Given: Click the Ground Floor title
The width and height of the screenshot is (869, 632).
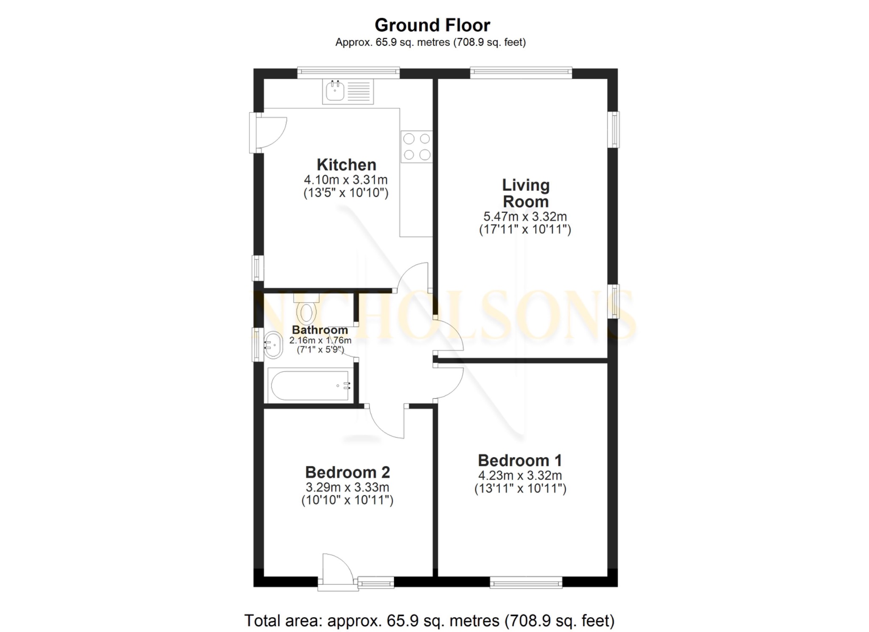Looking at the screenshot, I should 432,25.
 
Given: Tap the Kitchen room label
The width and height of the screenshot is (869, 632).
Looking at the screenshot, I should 346,165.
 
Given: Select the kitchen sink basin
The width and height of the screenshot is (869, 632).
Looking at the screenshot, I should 335,91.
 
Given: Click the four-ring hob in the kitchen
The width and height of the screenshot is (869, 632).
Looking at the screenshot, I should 417,146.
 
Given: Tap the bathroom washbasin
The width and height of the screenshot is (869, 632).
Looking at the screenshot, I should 273,345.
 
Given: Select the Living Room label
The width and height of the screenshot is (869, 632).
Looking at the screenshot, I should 525,193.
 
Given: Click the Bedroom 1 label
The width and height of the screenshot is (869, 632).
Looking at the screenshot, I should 520,460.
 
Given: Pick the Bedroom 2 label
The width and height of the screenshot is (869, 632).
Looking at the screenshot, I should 347,472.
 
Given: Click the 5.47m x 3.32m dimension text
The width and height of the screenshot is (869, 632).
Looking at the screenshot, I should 525,216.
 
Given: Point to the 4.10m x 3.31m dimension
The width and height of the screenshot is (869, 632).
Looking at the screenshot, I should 345,180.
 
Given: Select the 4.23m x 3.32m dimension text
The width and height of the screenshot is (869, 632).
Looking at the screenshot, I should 520,475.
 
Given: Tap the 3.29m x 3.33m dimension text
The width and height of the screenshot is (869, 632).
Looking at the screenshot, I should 347,487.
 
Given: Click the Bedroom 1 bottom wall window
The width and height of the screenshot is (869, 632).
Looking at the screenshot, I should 526,582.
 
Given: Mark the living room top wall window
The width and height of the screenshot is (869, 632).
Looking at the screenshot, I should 521,73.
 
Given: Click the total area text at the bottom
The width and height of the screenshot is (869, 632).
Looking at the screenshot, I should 429,620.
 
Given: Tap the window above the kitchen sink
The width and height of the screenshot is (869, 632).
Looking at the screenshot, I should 348,73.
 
